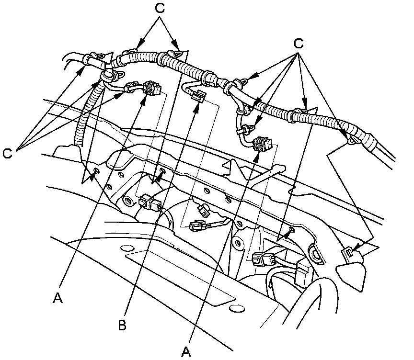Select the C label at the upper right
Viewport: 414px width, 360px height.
[x=299, y=44]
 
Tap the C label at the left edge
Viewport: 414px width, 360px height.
[x=8, y=154]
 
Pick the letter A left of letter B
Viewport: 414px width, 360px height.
[x=58, y=298]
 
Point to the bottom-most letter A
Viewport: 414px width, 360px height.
[x=187, y=352]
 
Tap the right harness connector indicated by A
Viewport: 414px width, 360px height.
[x=262, y=144]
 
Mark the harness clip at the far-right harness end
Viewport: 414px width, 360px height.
[x=354, y=139]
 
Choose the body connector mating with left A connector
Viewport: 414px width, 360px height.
[x=150, y=203]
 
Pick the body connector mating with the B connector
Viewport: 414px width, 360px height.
[x=197, y=225]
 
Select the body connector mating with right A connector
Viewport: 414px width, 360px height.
[x=262, y=259]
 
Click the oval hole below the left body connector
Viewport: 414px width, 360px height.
[x=127, y=247]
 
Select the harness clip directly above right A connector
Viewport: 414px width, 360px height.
[x=248, y=128]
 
